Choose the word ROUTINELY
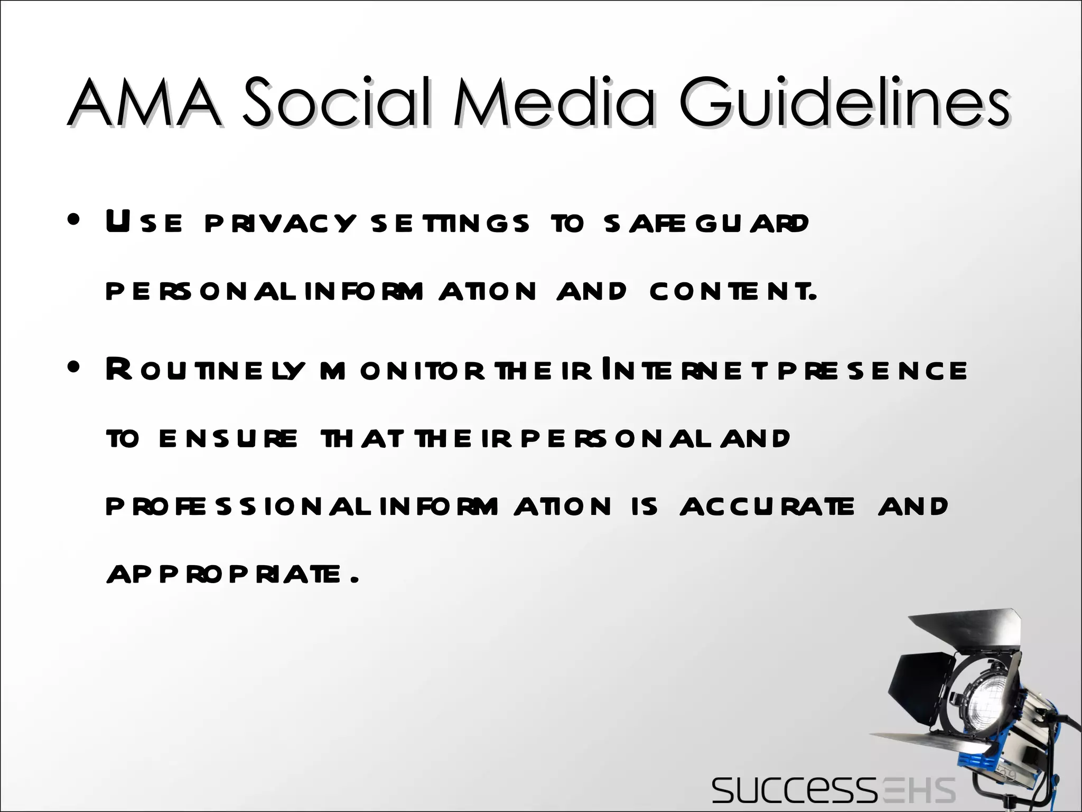point(206,370)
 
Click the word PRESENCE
point(872,370)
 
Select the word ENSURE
point(228,438)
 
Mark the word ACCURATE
point(767,506)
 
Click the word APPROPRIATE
point(232,575)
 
